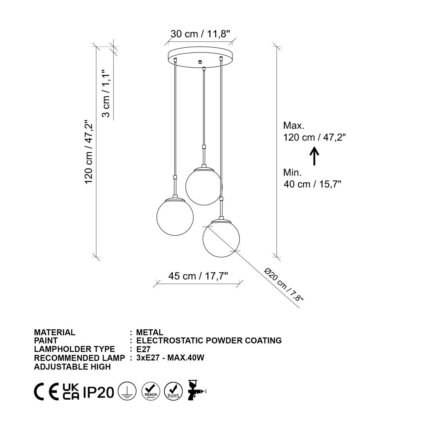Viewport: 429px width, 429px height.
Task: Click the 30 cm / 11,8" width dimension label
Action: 200,34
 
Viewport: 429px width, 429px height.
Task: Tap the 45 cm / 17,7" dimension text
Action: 198,276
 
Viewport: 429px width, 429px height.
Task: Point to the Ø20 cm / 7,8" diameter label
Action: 284,285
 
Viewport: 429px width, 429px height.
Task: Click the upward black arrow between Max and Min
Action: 314,156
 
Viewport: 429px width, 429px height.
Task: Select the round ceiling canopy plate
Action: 201,57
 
